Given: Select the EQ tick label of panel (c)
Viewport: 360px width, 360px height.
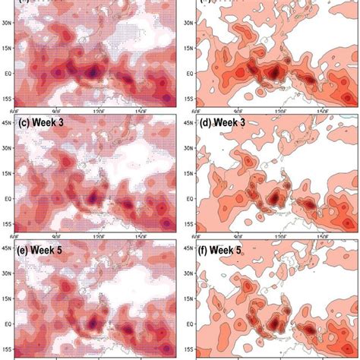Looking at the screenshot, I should pyautogui.click(x=9, y=198).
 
